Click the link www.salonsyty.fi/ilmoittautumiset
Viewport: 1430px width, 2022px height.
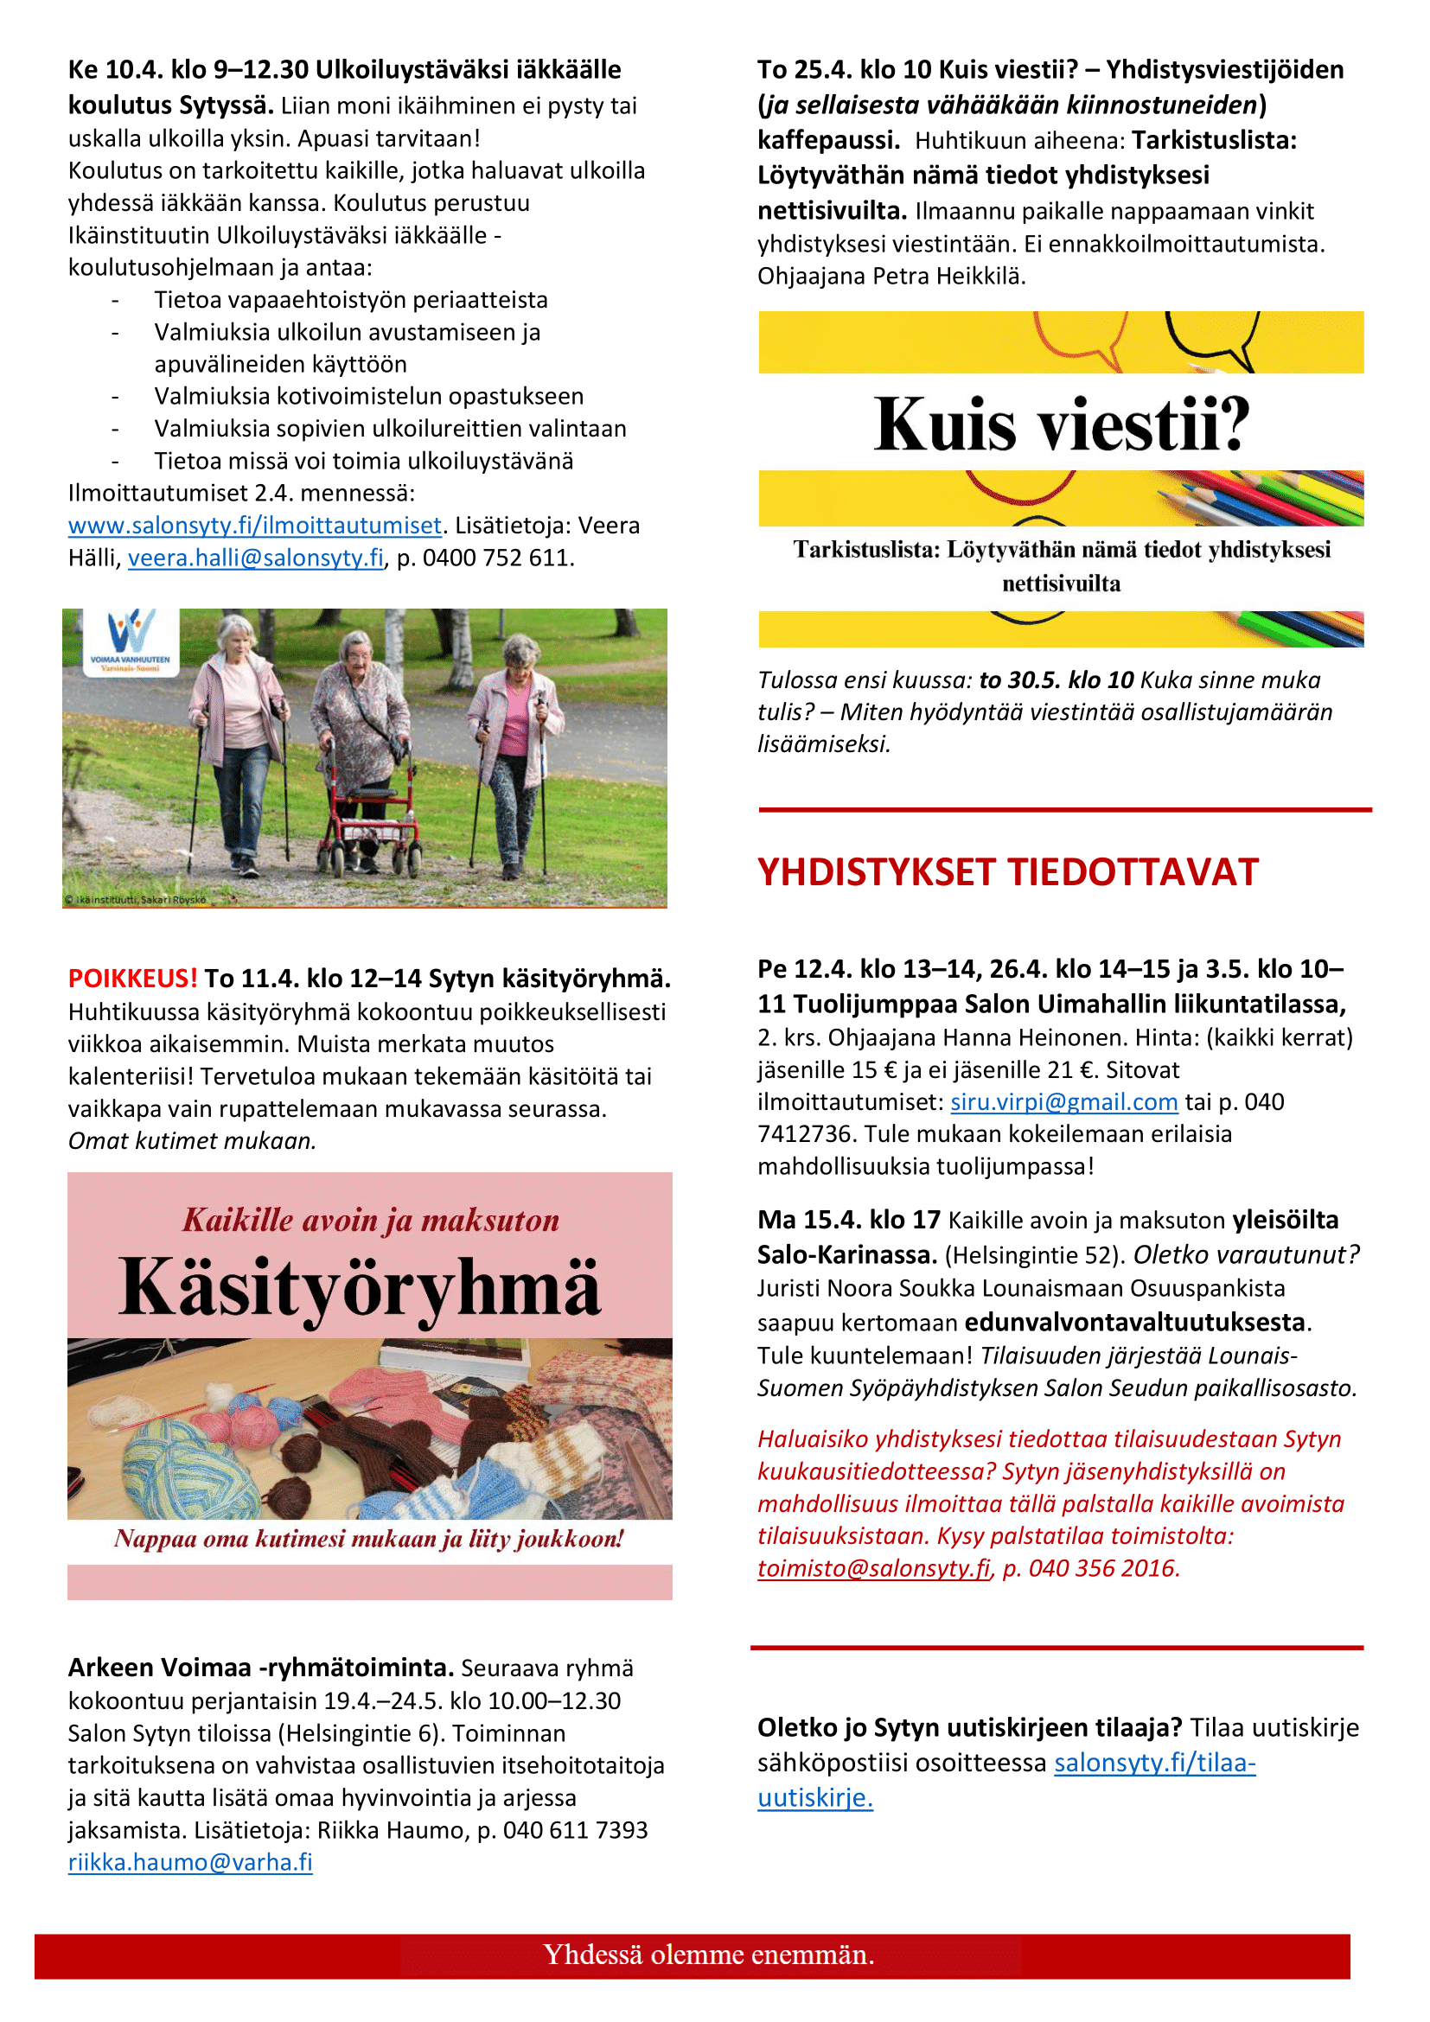click(x=254, y=526)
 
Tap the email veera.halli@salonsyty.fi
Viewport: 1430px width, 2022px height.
click(x=255, y=558)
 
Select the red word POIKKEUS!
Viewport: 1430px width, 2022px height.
click(x=133, y=979)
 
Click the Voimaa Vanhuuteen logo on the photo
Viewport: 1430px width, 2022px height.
click(x=131, y=641)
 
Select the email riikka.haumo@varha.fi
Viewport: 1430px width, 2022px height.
click(x=190, y=1863)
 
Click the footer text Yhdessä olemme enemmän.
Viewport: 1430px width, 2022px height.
click(x=708, y=1955)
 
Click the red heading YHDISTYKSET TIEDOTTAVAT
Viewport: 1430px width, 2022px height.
click(x=1007, y=873)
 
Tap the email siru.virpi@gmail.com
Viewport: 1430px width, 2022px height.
click(x=1063, y=1102)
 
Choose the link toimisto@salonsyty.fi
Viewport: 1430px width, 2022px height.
click(x=873, y=1568)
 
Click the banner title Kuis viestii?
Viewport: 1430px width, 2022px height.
click(x=1061, y=424)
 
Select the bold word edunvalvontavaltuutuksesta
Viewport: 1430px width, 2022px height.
click(x=1134, y=1323)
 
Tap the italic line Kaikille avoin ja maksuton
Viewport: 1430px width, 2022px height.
click(x=371, y=1221)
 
